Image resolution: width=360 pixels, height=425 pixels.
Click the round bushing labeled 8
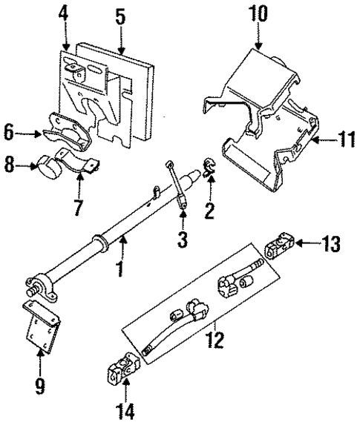50,167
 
